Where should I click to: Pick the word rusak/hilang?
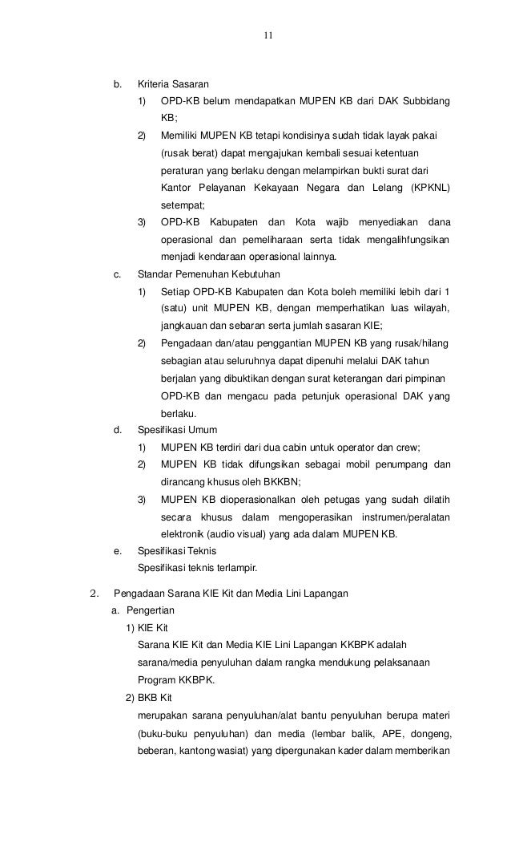[421, 344]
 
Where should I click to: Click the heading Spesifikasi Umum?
[172, 429]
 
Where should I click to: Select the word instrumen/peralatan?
[405, 517]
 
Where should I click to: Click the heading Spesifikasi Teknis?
[177, 551]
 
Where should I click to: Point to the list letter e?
[118, 551]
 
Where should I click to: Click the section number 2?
[94, 594]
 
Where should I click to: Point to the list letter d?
[118, 429]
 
